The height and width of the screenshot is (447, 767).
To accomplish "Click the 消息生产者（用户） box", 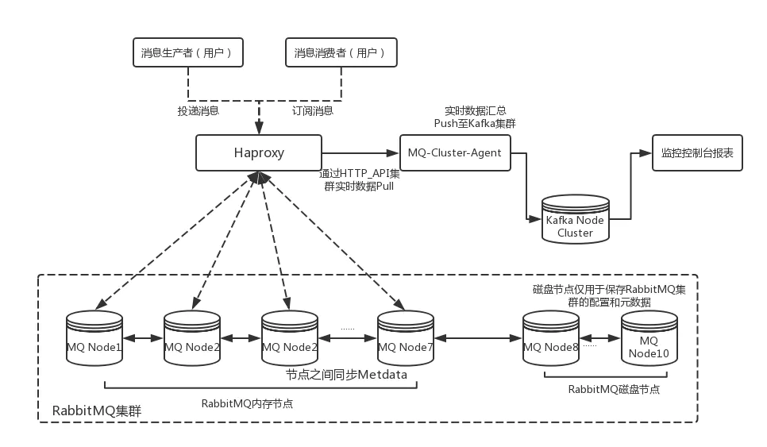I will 187,53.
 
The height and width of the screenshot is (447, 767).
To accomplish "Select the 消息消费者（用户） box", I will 340,53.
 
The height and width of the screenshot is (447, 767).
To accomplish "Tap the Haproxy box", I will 258,152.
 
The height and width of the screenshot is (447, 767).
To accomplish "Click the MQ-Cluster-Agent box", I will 455,152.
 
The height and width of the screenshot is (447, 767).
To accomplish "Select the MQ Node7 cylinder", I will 406,339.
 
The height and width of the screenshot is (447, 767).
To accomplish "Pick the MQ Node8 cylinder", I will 551,339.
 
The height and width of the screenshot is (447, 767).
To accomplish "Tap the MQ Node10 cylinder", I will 649,339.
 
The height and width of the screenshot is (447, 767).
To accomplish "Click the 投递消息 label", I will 198,111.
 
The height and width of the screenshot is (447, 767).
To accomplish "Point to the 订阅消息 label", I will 313,111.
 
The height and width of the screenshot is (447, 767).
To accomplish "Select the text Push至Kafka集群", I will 475,125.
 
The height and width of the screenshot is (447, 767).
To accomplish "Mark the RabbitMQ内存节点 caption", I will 247,402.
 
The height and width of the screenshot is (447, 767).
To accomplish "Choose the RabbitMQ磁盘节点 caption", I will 614,389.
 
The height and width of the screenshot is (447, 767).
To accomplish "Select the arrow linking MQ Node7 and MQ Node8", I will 478,338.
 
